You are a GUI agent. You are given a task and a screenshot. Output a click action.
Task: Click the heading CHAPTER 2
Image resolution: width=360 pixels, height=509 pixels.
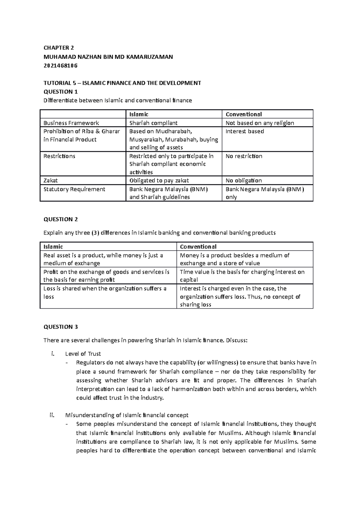click(58, 48)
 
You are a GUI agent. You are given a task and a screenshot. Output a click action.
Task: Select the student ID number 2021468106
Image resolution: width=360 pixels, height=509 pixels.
click(60, 66)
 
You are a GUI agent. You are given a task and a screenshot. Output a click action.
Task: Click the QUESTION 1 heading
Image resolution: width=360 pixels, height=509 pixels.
click(60, 92)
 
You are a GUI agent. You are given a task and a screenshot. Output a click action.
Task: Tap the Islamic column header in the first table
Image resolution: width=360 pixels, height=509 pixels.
click(139, 114)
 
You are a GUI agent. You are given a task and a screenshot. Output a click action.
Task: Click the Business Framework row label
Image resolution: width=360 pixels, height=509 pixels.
click(71, 123)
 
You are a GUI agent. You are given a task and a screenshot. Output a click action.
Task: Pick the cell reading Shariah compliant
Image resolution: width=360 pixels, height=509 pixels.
click(153, 123)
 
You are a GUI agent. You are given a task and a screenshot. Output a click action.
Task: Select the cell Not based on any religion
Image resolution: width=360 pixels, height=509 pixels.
click(259, 123)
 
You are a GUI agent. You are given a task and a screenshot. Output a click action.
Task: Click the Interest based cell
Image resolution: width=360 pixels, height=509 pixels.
click(244, 131)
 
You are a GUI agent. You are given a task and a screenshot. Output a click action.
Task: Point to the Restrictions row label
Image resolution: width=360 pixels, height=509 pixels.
click(59, 156)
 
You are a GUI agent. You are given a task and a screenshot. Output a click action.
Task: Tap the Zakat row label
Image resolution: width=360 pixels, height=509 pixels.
click(50, 180)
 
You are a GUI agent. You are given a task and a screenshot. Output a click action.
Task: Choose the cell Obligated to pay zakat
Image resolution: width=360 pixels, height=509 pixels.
click(159, 180)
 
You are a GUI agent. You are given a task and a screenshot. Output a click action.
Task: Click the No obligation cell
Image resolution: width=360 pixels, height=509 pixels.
click(243, 180)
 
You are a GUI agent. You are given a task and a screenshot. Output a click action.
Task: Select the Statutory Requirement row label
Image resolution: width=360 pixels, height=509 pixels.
click(74, 189)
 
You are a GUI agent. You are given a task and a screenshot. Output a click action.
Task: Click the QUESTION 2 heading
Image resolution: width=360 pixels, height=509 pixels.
click(61, 219)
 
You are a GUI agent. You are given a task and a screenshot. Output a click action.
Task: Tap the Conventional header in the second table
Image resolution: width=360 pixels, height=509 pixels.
click(198, 247)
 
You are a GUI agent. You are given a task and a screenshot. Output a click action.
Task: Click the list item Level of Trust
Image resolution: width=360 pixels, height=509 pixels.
click(83, 354)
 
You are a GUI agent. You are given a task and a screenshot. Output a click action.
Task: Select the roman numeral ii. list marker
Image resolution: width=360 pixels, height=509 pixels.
click(52, 415)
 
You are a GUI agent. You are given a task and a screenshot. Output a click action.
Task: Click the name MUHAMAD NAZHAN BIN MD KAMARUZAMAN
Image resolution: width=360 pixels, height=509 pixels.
click(108, 57)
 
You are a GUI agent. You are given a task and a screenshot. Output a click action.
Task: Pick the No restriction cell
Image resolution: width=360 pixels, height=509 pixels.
click(244, 156)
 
